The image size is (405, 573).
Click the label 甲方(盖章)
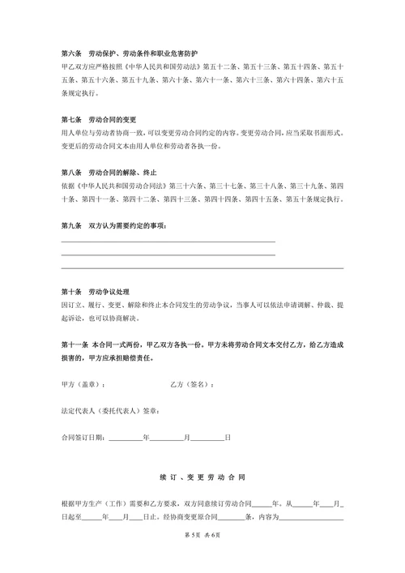(x=83, y=383)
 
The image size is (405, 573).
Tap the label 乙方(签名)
(x=193, y=383)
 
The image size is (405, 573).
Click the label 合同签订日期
(x=83, y=438)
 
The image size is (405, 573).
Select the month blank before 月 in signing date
(x=166, y=438)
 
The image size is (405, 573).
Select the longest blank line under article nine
(x=202, y=267)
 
